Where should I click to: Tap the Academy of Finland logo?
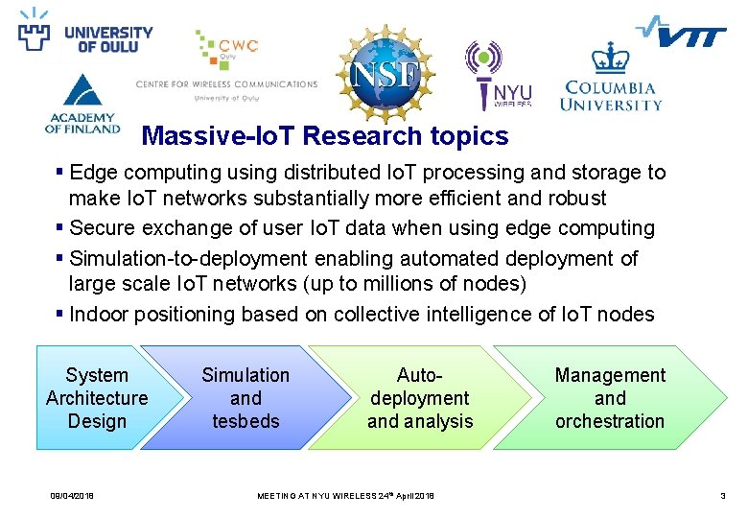82,106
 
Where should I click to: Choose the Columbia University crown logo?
610,77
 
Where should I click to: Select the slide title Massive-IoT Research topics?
324,136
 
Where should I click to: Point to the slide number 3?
722,495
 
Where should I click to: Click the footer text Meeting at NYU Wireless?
345,495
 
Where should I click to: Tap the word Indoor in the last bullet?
99,315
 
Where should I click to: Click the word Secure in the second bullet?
102,228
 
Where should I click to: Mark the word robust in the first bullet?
577,199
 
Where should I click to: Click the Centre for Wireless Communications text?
226,84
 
